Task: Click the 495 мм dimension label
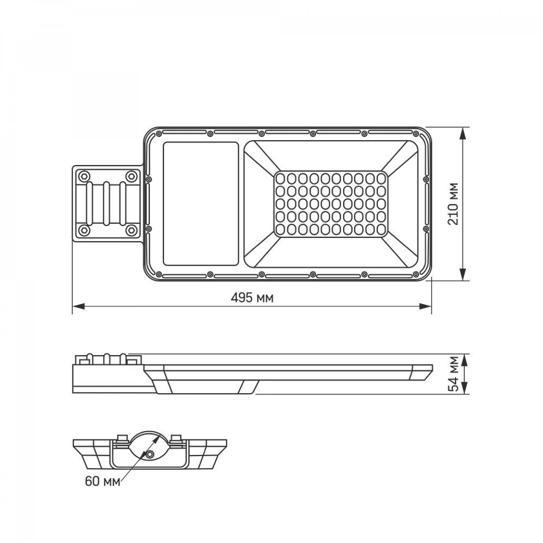click(x=252, y=297)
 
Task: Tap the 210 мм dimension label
click(x=453, y=204)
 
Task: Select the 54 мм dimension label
click(x=453, y=374)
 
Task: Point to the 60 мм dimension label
click(x=103, y=481)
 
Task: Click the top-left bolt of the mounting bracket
click(x=83, y=176)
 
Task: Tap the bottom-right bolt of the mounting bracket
click(x=131, y=229)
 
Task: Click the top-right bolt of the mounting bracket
click(x=131, y=176)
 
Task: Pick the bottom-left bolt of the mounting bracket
click(x=83, y=229)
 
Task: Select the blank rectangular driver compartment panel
click(x=200, y=204)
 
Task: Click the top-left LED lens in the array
click(x=281, y=178)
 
